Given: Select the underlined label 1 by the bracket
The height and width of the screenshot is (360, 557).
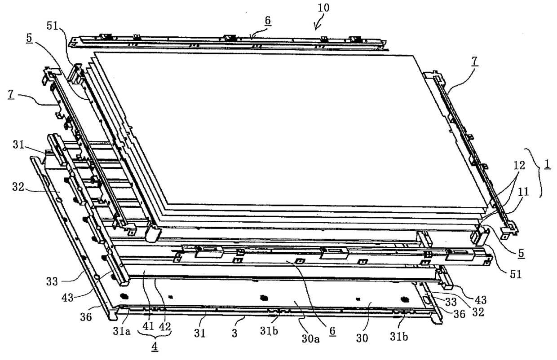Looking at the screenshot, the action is click(548, 165).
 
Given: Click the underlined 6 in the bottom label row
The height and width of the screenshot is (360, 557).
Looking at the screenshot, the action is click(333, 331).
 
